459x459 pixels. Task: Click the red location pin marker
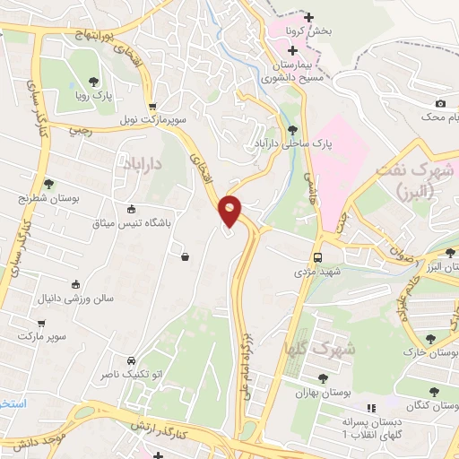(230, 212)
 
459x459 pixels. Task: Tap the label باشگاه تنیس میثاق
(131, 221)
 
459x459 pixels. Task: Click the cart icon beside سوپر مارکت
(41, 322)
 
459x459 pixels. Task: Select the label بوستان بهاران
(321, 393)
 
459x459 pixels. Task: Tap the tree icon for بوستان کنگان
(434, 392)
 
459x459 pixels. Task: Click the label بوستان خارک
(429, 354)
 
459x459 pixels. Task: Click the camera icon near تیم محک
(439, 104)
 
